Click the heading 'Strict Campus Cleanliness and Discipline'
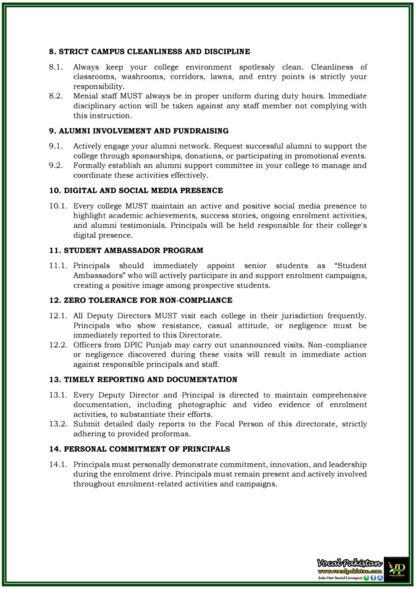tap(149, 51)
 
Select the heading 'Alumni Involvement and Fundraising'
tap(138, 131)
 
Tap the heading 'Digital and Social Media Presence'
tap(136, 190)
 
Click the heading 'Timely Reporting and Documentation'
tap(142, 380)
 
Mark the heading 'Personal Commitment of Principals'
tap(139, 449)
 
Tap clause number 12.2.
tap(57, 345)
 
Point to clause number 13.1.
tap(57, 395)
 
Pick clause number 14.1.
tap(57, 464)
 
